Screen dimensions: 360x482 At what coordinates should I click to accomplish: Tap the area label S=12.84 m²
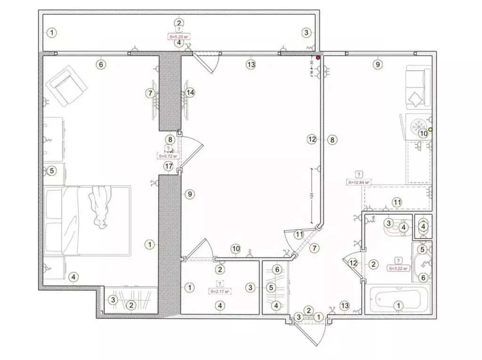coord(359,181)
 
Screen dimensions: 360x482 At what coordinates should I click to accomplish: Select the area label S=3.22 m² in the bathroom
coord(398,268)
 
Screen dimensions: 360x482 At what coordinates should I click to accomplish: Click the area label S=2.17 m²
coord(220,291)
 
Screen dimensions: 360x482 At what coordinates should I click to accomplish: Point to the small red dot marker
coord(318,57)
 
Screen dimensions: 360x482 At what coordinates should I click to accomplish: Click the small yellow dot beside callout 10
coord(430,129)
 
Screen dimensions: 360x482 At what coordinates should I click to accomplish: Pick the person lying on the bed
coord(100,206)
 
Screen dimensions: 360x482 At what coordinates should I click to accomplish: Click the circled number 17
coord(169,166)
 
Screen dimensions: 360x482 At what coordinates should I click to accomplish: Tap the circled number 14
coord(190,92)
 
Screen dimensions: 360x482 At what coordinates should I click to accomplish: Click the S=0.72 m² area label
coord(169,155)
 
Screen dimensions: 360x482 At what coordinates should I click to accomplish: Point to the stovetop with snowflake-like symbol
coord(417,127)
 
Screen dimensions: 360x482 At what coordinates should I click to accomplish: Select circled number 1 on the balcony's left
coord(52,33)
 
